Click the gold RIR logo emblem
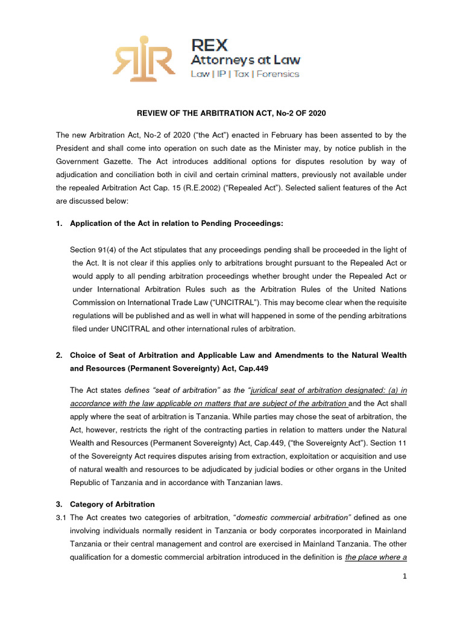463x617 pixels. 143,58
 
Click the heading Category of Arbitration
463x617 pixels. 112,504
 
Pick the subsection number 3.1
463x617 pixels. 61,518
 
